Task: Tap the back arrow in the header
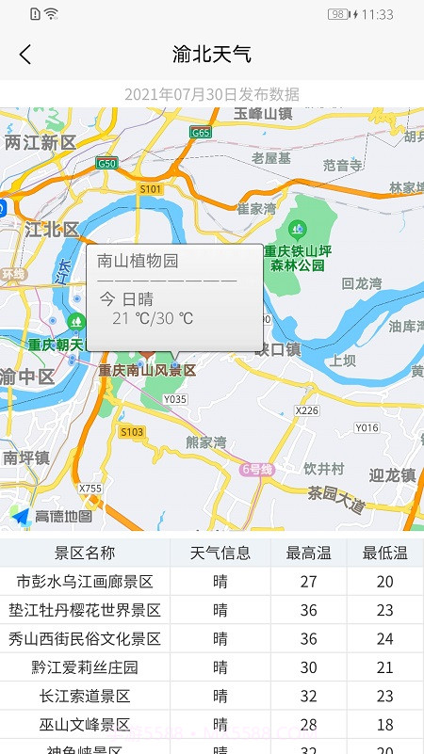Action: [x=25, y=55]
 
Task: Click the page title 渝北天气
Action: [x=212, y=54]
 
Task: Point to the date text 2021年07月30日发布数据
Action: [x=212, y=94]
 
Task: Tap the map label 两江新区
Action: [x=40, y=142]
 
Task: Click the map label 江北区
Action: [x=52, y=229]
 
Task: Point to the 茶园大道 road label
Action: [x=336, y=498]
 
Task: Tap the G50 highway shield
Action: [x=106, y=163]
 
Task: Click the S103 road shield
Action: [x=132, y=431]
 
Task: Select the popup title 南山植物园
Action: [x=139, y=262]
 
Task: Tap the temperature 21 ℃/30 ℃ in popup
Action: [x=153, y=318]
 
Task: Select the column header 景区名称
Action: [x=85, y=553]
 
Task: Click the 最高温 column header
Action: [x=308, y=553]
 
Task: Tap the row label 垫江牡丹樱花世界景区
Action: [x=85, y=610]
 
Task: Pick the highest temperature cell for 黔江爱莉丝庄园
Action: [x=308, y=667]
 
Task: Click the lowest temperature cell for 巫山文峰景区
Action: [x=384, y=725]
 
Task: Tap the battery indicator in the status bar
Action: [x=337, y=14]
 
